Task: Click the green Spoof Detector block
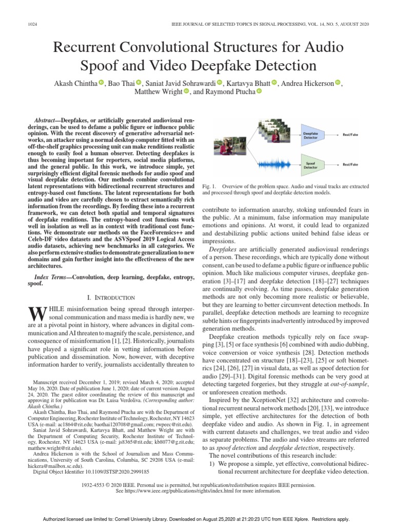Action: [311, 164]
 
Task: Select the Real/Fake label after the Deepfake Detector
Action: [350, 135]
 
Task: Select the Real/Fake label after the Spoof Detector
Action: [350, 164]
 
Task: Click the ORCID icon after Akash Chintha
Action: [101, 82]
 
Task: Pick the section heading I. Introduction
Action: [111, 297]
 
